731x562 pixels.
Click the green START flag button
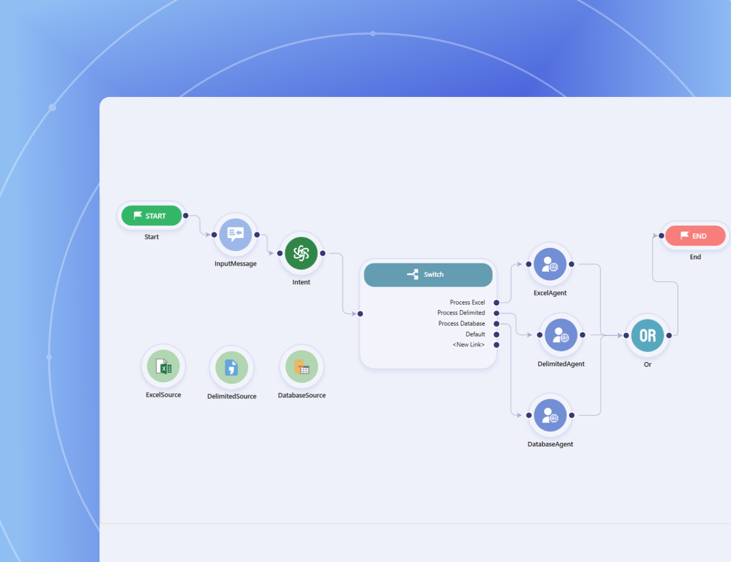coord(152,216)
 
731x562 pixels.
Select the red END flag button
coord(695,236)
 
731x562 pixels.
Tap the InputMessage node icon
coord(235,234)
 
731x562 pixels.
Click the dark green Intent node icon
coord(301,253)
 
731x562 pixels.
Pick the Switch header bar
coord(428,274)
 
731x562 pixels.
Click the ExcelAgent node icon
coord(550,264)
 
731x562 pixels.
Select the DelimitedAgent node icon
coord(561,335)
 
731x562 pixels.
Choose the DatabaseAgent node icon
coord(550,415)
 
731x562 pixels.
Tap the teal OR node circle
coord(648,335)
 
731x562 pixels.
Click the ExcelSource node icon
coord(163,367)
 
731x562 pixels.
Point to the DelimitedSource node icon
coord(231,368)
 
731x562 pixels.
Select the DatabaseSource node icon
coord(302,367)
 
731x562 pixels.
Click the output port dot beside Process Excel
coord(497,302)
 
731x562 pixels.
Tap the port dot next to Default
coord(497,334)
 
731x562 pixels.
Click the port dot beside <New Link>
coord(497,345)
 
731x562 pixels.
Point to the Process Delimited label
coord(461,313)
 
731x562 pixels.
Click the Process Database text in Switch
coord(461,324)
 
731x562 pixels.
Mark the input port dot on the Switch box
coord(360,314)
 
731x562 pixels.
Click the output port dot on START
coord(186,216)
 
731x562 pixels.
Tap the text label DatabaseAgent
coord(550,444)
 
